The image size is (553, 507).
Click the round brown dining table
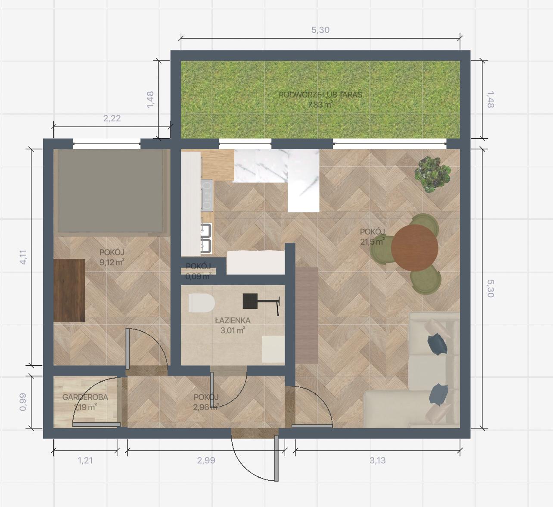pos(414,247)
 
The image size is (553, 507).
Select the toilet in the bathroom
pos(202,303)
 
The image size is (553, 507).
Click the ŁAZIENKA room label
pos(233,320)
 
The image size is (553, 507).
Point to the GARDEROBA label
pos(85,397)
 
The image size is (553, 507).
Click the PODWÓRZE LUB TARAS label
pos(320,95)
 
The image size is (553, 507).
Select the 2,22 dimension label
pos(112,118)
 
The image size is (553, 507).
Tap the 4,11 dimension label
pos(23,257)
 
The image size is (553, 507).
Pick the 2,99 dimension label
pos(206,460)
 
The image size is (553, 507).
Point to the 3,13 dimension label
pos(377,460)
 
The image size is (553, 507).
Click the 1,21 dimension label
pos(85,460)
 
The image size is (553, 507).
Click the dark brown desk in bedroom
pos(69,290)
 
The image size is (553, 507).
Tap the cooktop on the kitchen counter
pos(207,195)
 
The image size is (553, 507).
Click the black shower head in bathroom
pos(250,301)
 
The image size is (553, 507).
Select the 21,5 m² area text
pos(372,242)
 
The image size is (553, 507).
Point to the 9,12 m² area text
pos(112,262)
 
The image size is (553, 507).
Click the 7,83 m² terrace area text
pos(320,105)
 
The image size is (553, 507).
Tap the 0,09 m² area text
pos(198,276)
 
